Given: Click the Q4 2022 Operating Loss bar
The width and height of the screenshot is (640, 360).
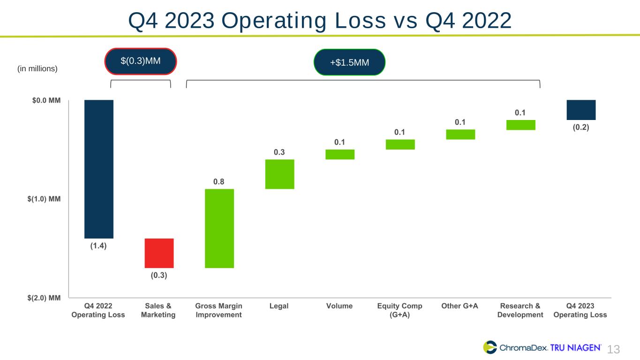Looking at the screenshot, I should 98,169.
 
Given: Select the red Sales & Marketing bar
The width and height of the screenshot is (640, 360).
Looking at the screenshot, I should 159,253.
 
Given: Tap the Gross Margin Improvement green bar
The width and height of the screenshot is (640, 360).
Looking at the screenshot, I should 219,228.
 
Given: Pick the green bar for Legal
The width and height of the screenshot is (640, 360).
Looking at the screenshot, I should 279,174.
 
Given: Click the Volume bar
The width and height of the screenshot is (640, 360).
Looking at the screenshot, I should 340,154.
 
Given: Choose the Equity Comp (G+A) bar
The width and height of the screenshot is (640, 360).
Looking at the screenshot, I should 400,144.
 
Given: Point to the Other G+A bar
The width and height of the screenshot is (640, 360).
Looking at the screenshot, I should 460,135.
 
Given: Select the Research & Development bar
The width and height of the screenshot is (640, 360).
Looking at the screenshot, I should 520,125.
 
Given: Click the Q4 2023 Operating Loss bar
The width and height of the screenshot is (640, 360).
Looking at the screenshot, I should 581,110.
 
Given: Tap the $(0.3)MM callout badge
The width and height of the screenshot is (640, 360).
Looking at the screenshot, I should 141,61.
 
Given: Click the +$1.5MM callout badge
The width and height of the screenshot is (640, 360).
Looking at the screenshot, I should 349,62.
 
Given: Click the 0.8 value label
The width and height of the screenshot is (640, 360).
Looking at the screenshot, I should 218,181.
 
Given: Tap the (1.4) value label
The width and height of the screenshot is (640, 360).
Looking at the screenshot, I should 98,246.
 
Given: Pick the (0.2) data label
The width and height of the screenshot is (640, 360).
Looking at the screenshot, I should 581,127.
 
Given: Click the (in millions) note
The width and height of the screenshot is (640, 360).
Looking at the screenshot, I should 37,69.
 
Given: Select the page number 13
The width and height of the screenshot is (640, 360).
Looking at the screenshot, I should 614,349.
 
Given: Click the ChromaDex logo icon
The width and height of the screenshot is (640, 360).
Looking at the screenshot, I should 490,347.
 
